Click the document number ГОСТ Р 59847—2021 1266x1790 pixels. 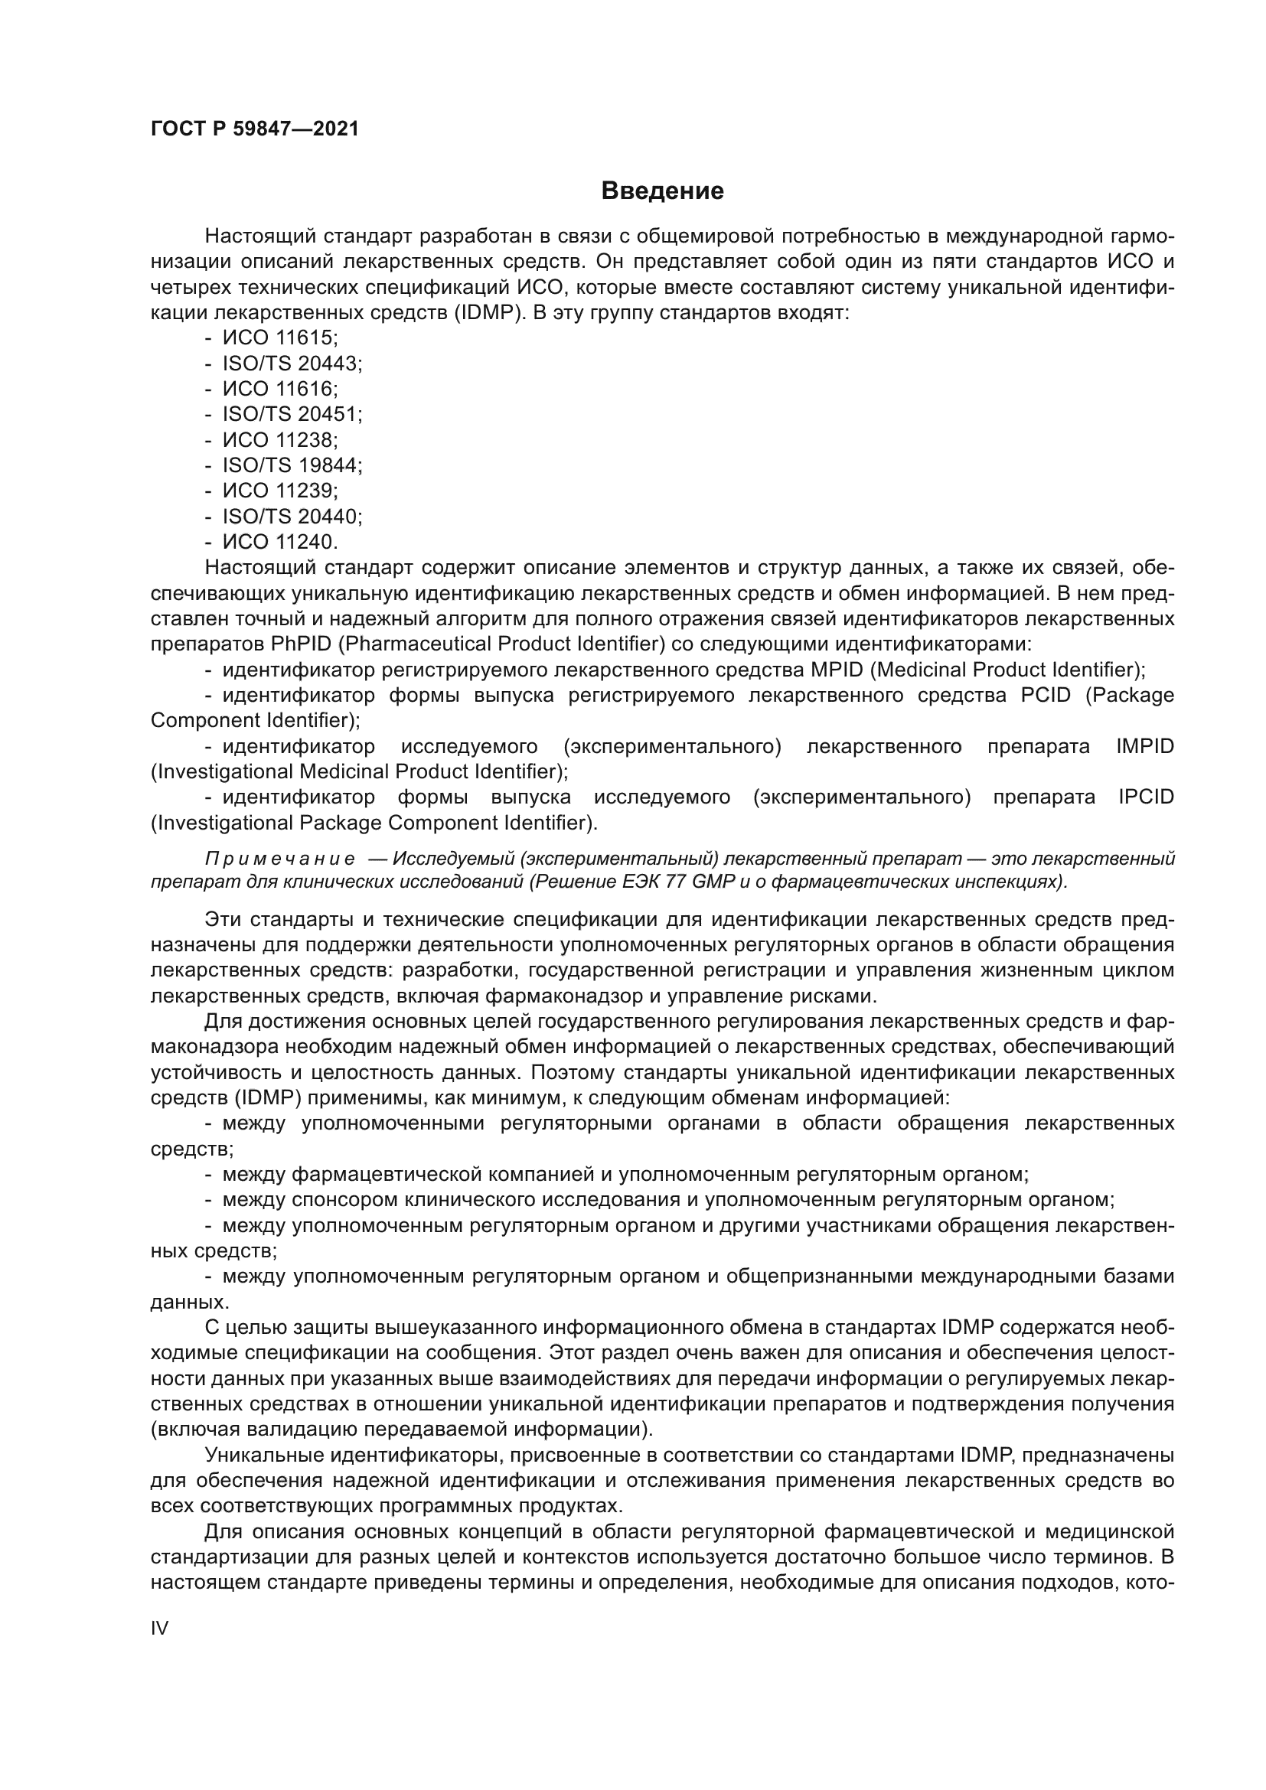255,129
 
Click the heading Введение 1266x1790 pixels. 662,191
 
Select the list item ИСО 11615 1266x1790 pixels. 280,337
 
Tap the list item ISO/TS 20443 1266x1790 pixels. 292,364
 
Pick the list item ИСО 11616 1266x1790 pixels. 280,388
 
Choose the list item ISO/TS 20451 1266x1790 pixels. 292,414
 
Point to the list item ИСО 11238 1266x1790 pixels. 280,440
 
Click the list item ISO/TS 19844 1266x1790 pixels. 292,465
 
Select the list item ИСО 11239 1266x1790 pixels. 280,491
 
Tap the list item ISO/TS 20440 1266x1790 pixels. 292,516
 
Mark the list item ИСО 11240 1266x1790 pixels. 280,541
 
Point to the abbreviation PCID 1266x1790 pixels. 1046,695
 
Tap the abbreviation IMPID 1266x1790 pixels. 1144,746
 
